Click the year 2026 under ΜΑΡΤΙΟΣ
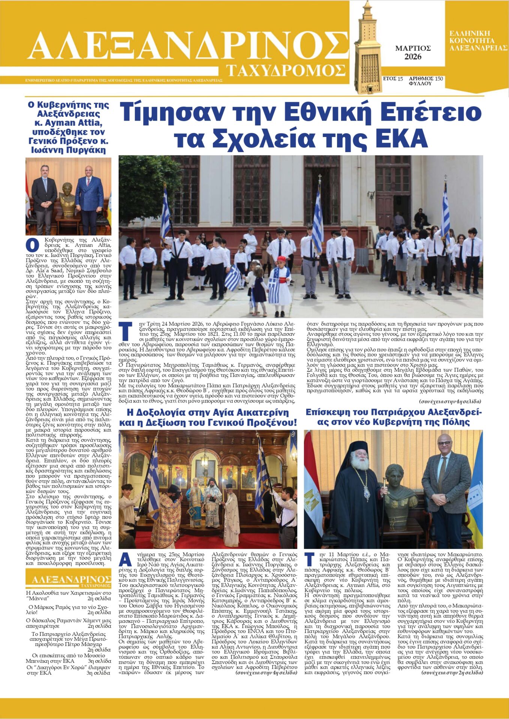pyautogui.click(x=413, y=57)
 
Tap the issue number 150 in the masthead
pyautogui.click(x=439, y=79)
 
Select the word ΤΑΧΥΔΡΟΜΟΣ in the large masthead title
pyautogui.click(x=286, y=70)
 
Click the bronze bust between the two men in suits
pyautogui.click(x=67, y=198)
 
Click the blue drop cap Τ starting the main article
pyautogui.click(x=125, y=331)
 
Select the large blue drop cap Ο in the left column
pyautogui.click(x=32, y=245)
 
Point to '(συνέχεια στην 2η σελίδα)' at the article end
pyautogui.click(x=452, y=673)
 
